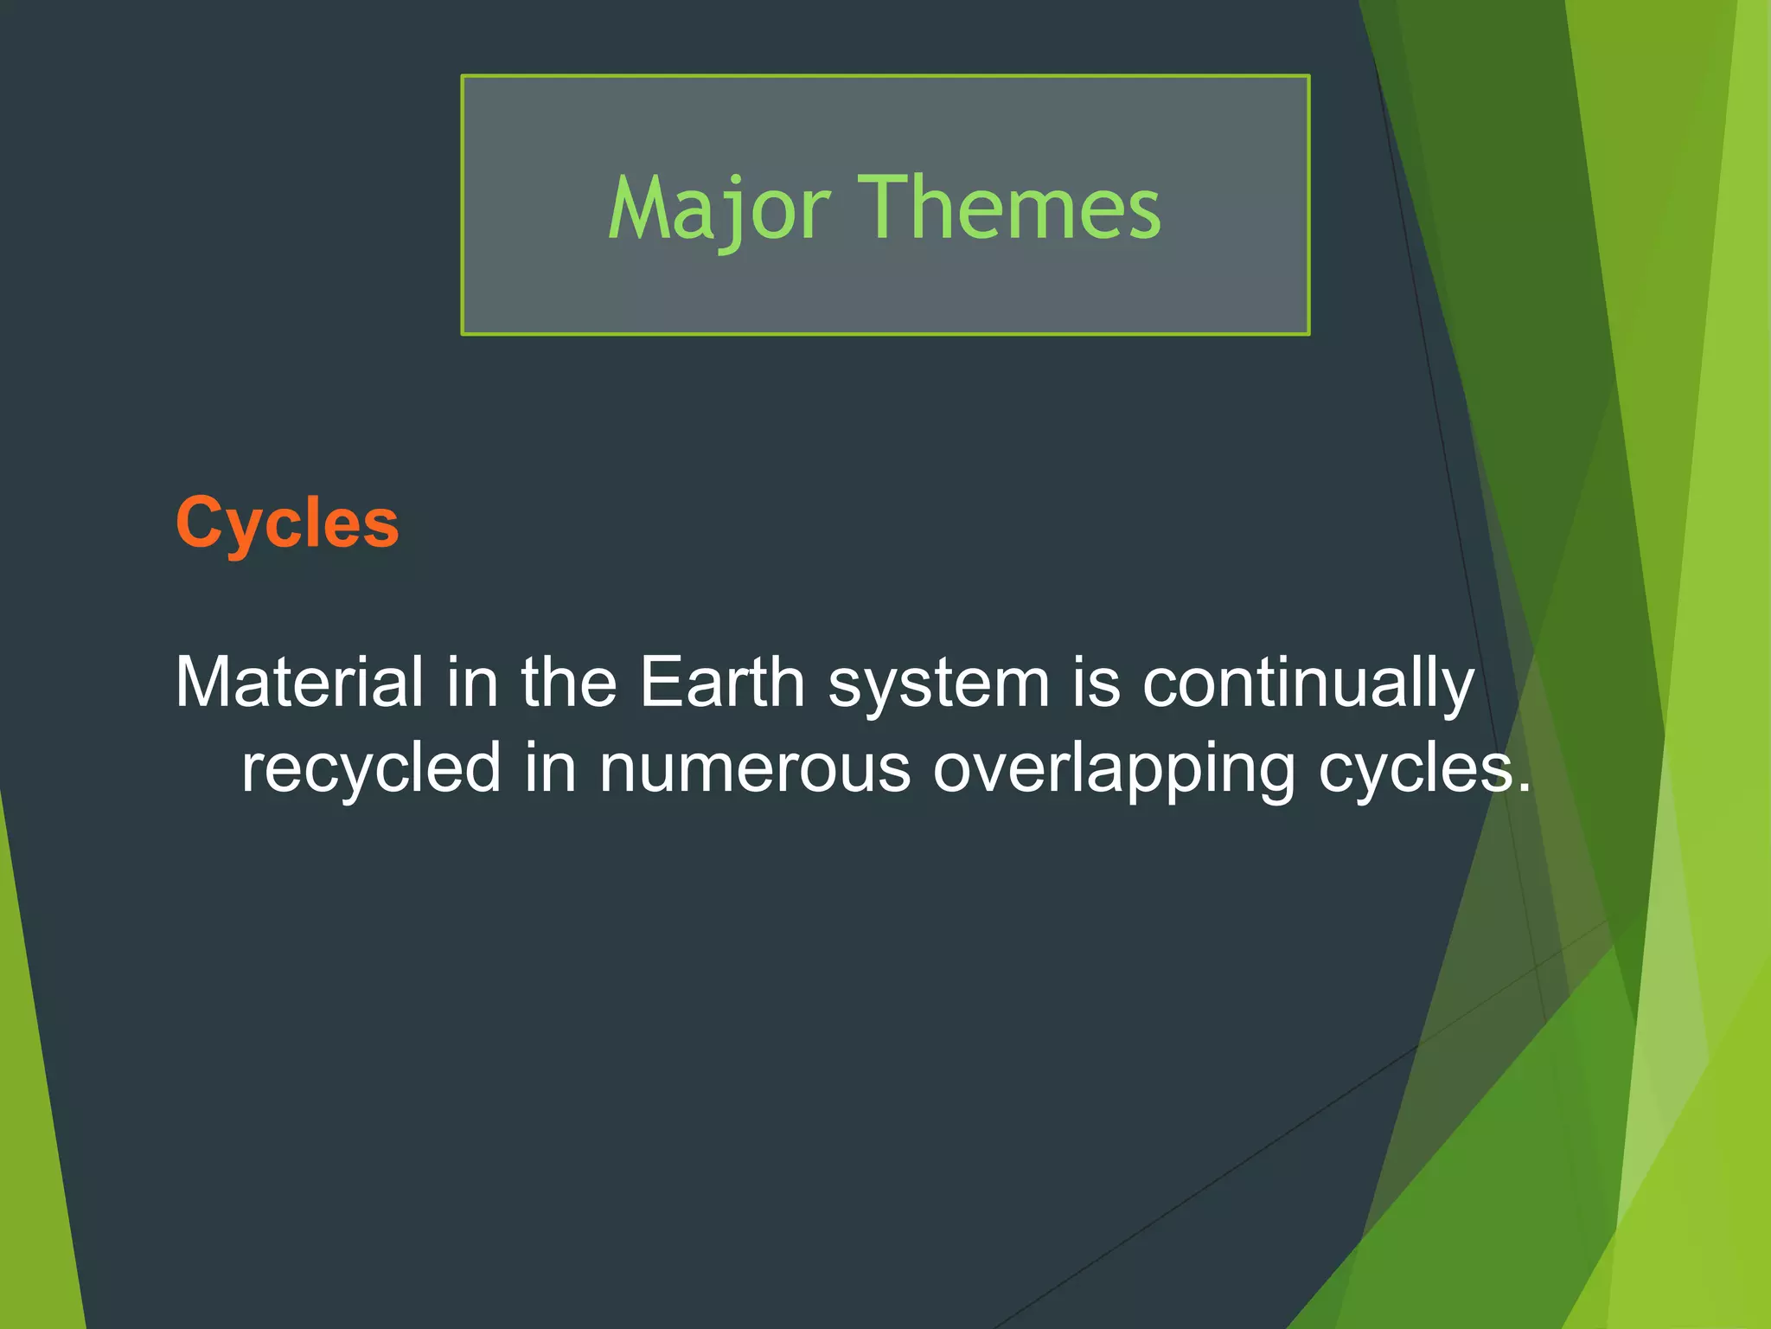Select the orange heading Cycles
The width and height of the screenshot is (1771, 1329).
coord(287,523)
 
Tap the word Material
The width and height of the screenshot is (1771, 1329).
coord(299,683)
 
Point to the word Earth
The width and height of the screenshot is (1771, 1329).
coord(722,683)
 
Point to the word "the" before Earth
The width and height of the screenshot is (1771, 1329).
coord(568,683)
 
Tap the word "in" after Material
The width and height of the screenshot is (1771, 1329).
coord(473,683)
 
